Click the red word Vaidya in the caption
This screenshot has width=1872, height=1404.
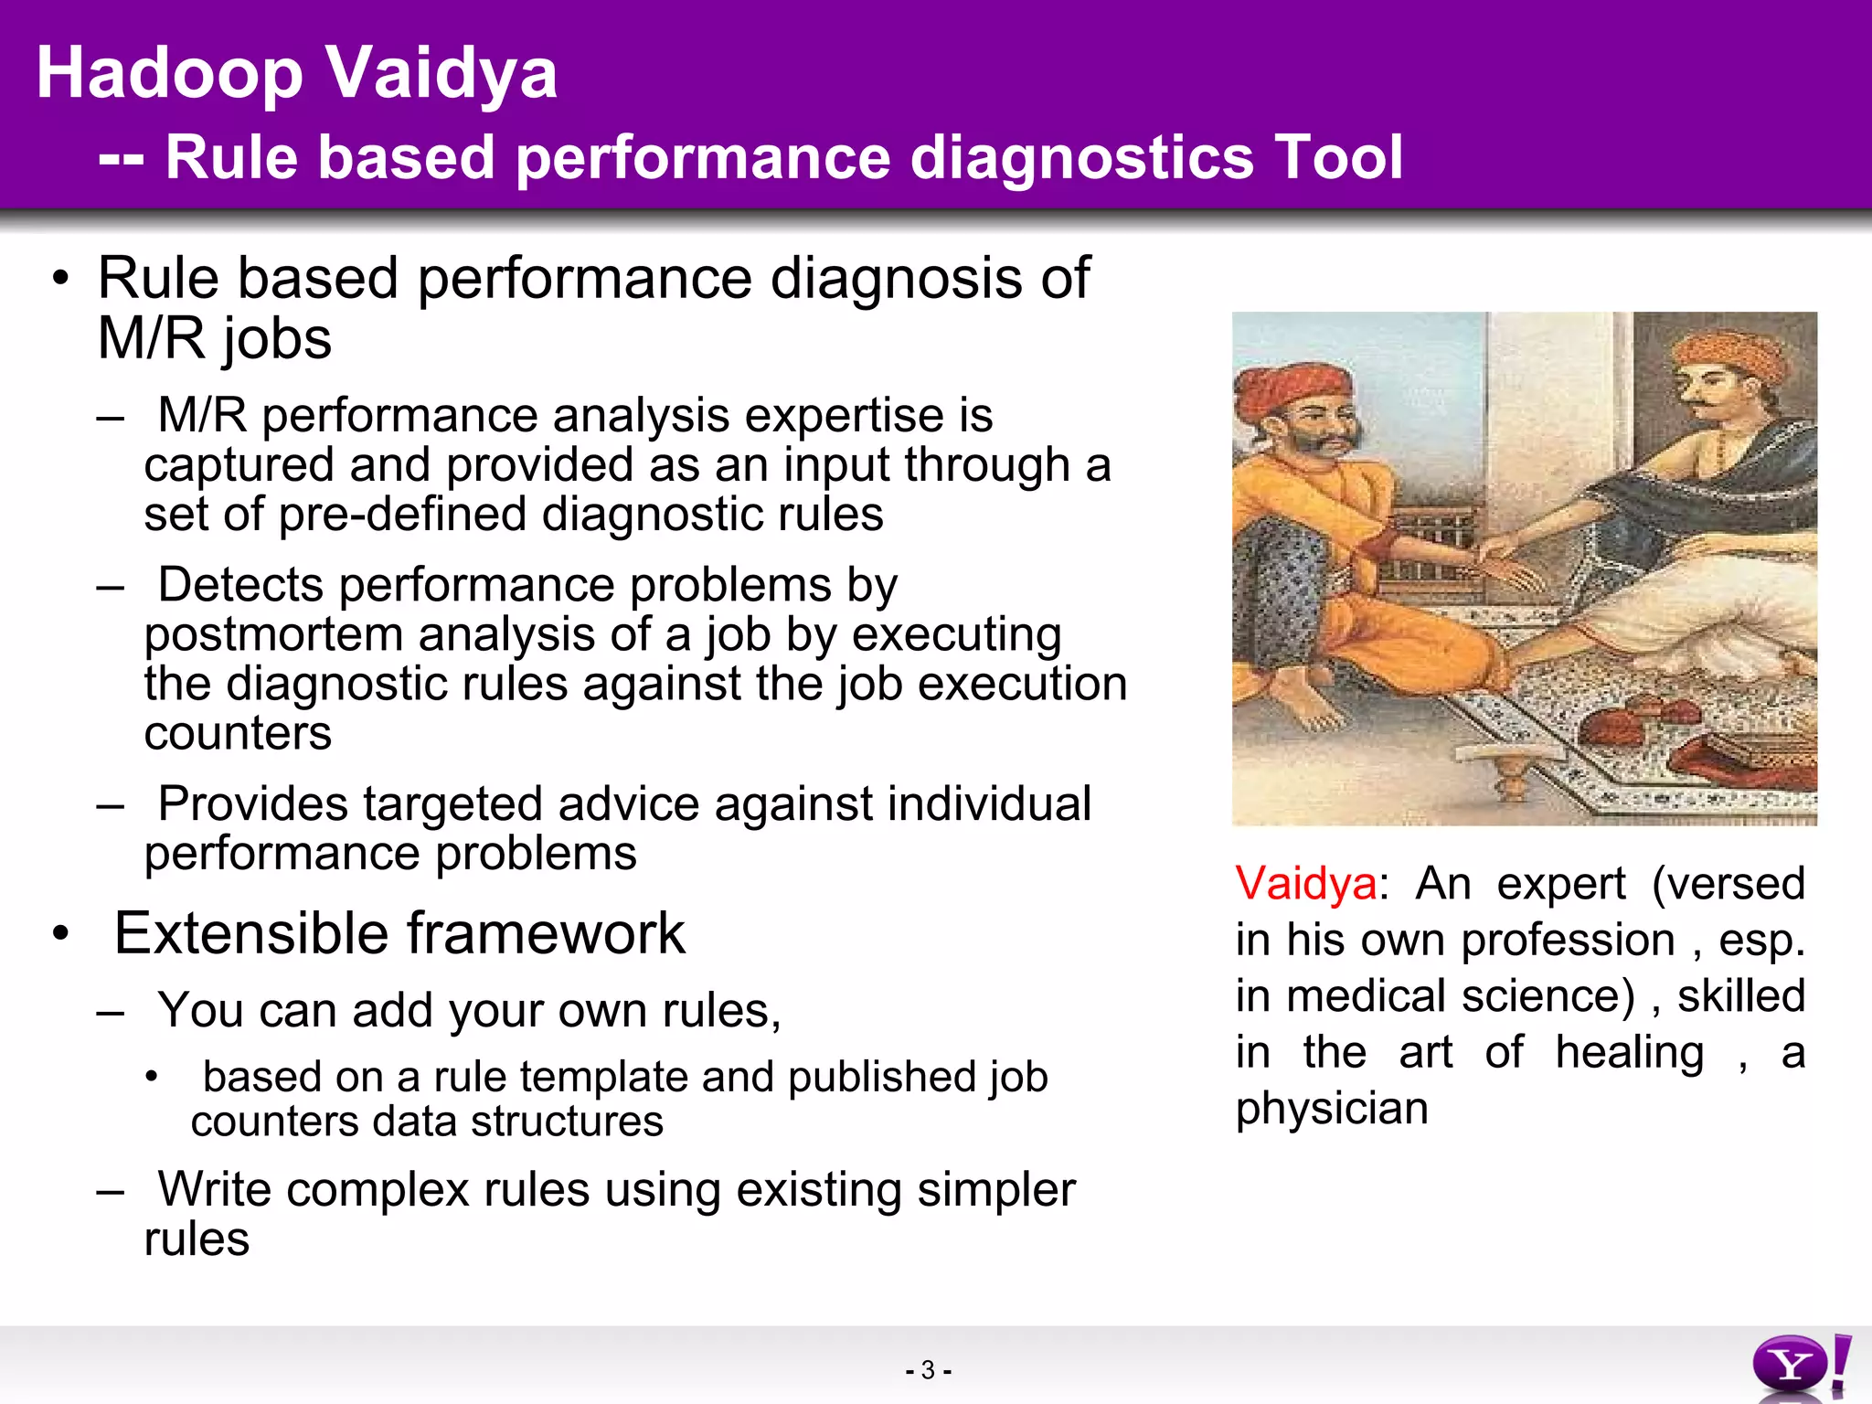pos(1305,884)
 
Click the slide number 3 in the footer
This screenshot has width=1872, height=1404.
pos(928,1370)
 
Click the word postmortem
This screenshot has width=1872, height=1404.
pos(272,634)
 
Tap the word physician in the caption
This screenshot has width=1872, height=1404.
pos(1331,1109)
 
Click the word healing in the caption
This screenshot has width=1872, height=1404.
pos(1630,1052)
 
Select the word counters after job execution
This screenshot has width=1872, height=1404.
pos(238,733)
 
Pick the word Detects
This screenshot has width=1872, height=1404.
pos(239,585)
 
